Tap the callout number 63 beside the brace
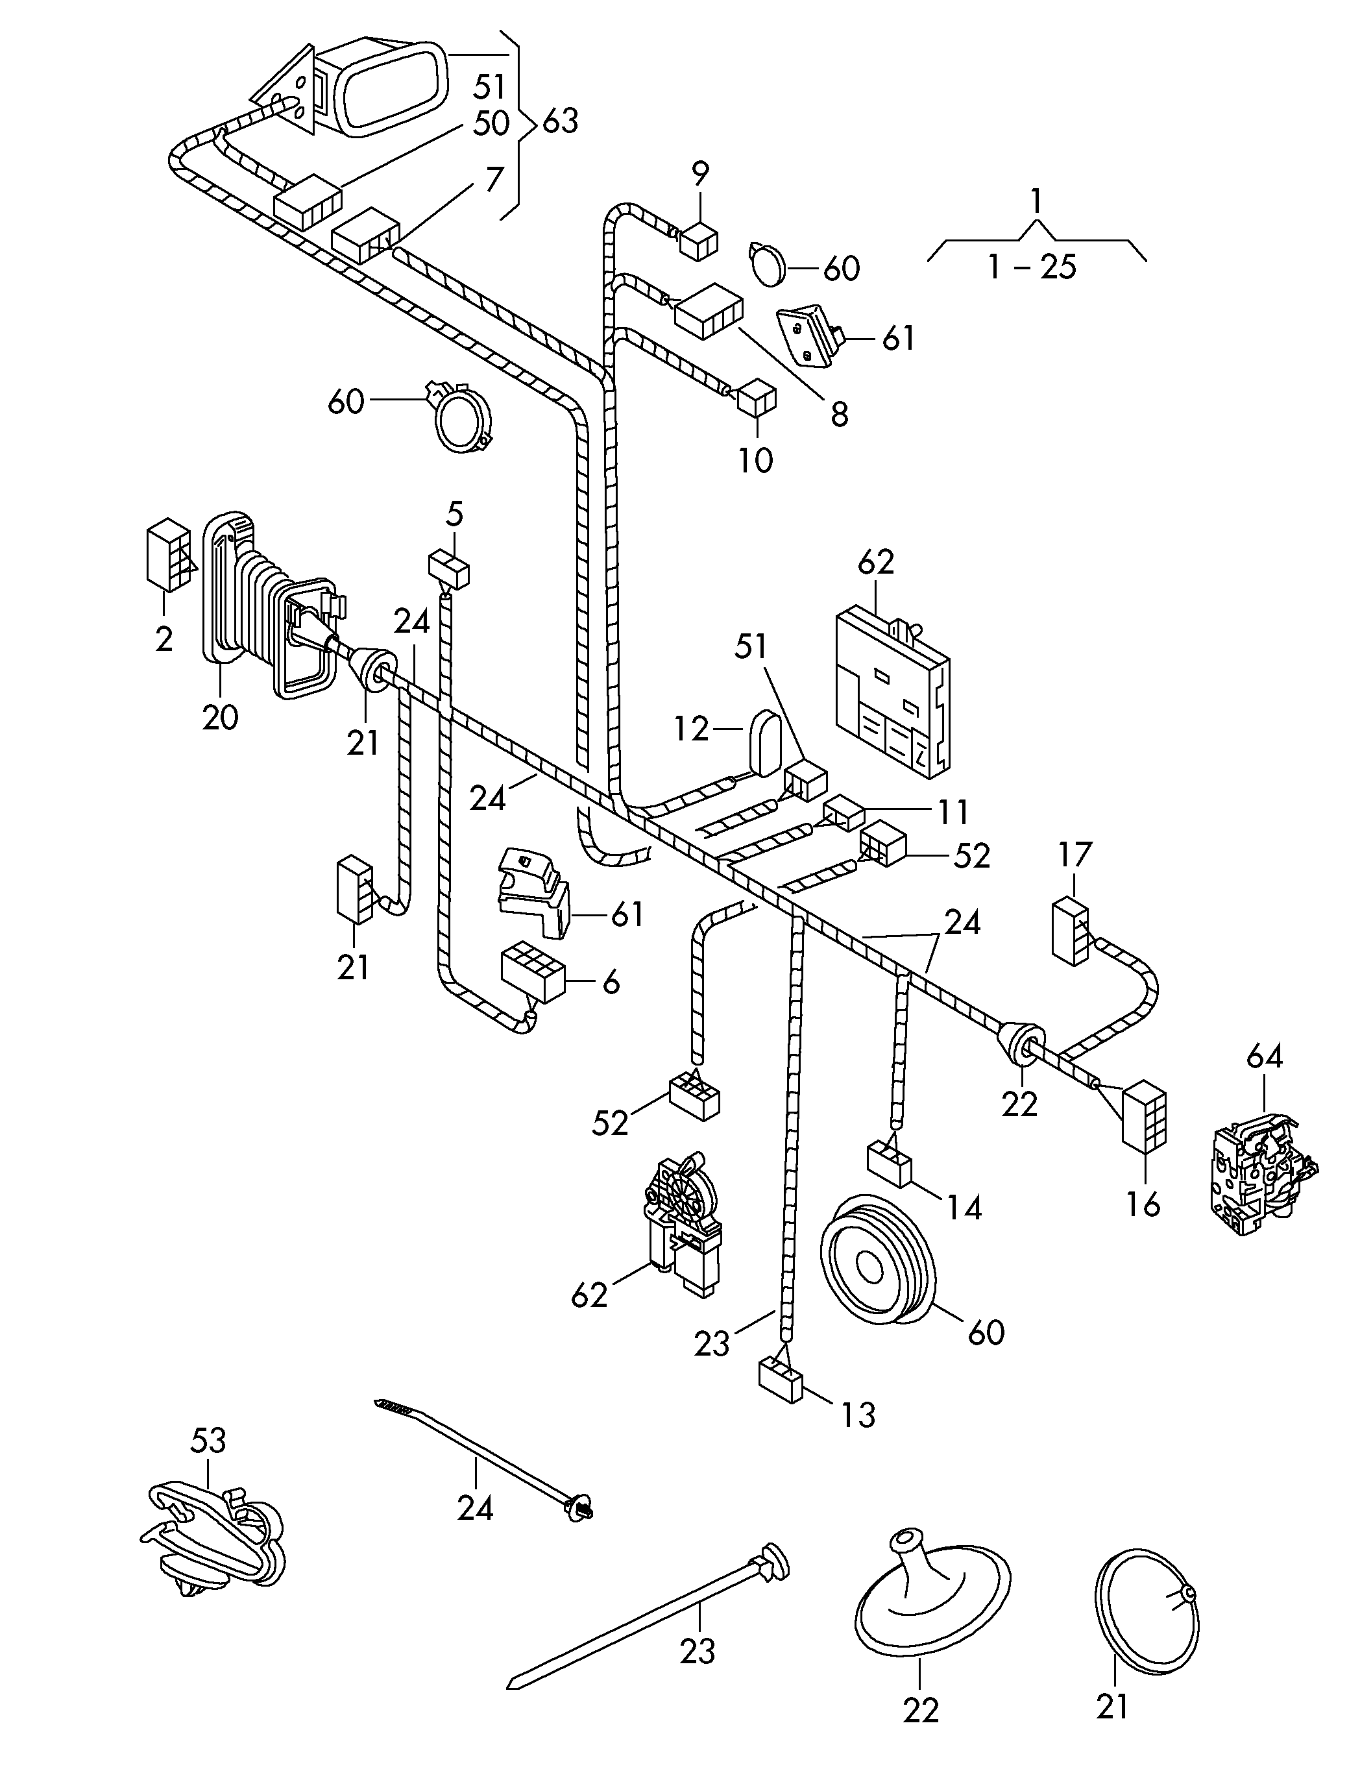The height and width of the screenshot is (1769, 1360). pos(560,121)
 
